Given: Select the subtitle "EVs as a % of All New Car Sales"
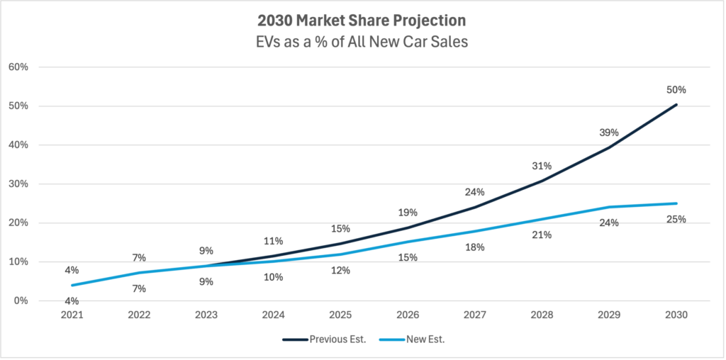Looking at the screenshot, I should tap(362, 42).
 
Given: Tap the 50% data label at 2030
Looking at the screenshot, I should tap(676, 90).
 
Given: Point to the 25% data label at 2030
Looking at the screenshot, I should tap(676, 219).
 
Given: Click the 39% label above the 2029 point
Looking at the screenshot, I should tap(609, 133).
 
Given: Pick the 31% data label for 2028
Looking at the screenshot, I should tap(542, 166).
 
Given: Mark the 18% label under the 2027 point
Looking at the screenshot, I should tap(474, 247).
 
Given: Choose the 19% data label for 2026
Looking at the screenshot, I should tap(407, 212).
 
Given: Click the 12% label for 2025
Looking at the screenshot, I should tap(340, 270).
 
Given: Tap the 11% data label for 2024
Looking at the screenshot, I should tap(273, 241).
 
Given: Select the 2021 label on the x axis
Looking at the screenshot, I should tap(72, 315).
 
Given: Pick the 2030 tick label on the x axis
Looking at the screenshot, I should tap(676, 315).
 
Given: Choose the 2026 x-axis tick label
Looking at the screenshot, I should tap(407, 315).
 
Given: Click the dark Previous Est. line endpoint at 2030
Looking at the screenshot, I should tap(676, 105).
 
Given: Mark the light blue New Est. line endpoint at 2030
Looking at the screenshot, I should tap(676, 203).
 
